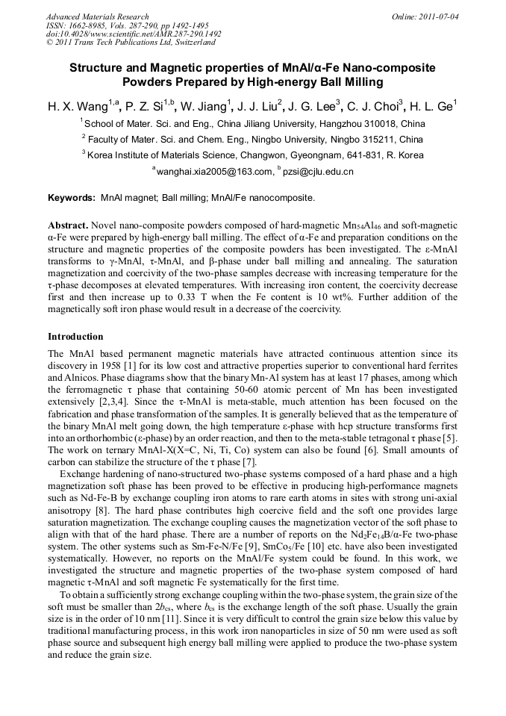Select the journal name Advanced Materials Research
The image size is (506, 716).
[97, 16]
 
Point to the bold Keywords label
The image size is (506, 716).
[72, 198]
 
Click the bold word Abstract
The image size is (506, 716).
[68, 225]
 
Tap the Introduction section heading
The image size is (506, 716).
[75, 337]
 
